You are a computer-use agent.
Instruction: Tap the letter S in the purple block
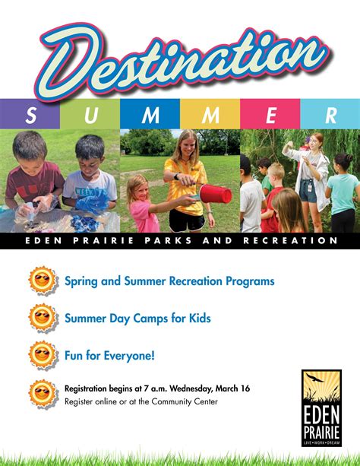coord(30,115)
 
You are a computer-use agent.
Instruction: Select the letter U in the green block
coord(90,115)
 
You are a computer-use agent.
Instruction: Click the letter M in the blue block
coord(151,115)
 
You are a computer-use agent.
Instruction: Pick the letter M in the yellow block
coord(210,115)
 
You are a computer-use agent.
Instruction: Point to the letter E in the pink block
coord(270,115)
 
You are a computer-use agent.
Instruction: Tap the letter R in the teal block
coord(330,115)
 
